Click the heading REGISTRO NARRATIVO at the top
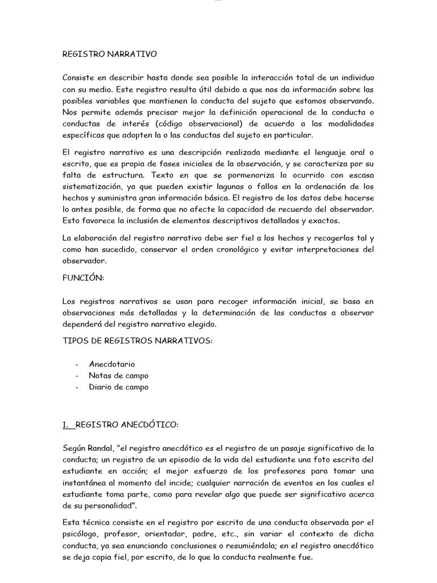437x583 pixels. point(109,55)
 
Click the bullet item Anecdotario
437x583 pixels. point(112,364)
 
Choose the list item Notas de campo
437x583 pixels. point(118,375)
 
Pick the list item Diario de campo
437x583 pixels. point(118,387)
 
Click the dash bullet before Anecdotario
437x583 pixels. point(77,364)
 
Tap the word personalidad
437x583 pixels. point(113,506)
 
